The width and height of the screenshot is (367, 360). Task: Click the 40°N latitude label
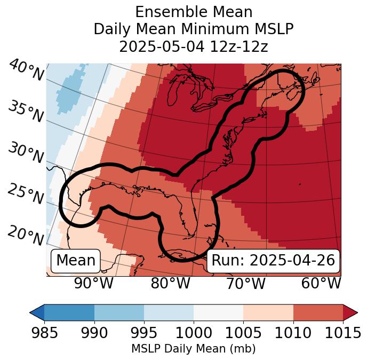(x=26, y=71)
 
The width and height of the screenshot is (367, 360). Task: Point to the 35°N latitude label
(x=26, y=112)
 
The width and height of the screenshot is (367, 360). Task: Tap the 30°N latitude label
(x=26, y=153)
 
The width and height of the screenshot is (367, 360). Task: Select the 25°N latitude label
(x=26, y=194)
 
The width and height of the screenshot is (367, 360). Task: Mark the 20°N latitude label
(x=26, y=236)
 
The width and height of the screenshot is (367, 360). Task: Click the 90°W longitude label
(x=93, y=284)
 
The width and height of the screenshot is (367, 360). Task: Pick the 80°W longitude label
(x=170, y=284)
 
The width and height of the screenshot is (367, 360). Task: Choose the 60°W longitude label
(x=321, y=284)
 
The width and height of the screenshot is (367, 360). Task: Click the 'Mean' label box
(x=76, y=261)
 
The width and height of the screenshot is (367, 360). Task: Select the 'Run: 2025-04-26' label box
(x=273, y=261)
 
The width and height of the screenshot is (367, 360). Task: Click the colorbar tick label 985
(x=44, y=333)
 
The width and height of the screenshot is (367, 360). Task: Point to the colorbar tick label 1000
(x=194, y=333)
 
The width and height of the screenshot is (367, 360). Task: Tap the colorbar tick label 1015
(x=342, y=333)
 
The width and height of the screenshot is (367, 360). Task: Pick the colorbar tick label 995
(x=144, y=333)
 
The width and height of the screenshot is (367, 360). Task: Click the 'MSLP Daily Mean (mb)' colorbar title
(x=193, y=349)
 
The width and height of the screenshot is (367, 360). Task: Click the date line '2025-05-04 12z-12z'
(x=193, y=46)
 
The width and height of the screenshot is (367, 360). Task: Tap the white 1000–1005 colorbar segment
(x=218, y=312)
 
